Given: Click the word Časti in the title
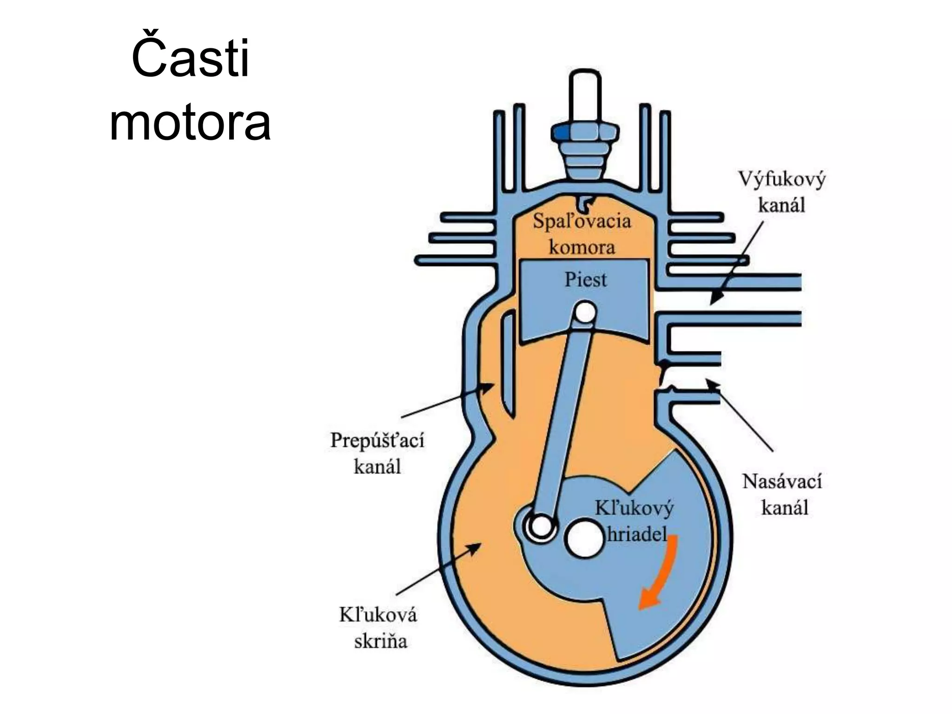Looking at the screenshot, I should (191, 59).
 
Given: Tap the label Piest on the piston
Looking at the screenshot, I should (585, 279).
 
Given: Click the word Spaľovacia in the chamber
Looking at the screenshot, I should (582, 221).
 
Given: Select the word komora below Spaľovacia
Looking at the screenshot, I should (582, 247).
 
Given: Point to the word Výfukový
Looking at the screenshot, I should (782, 179).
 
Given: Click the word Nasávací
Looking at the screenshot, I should (782, 481).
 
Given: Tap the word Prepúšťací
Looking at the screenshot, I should (377, 440).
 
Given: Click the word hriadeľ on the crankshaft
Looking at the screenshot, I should (637, 534).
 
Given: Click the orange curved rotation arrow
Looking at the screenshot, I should (660, 576).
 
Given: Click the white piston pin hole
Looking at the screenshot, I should (585, 312).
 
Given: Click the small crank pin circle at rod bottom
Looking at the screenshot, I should (541, 527).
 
